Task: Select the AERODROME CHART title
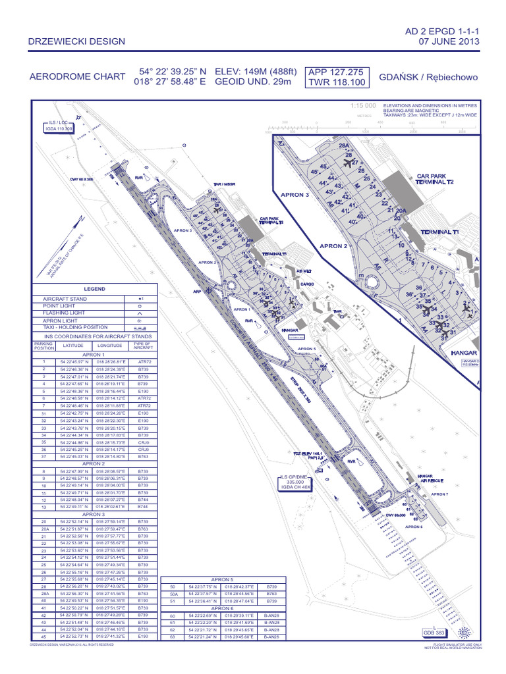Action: (x=78, y=77)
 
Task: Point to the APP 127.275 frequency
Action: (x=336, y=72)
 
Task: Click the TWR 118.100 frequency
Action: (x=336, y=82)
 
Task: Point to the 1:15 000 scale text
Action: (x=363, y=106)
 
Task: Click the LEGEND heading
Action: (x=94, y=289)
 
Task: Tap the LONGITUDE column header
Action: (x=110, y=345)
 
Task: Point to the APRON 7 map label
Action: (x=439, y=494)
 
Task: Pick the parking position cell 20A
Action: (x=45, y=529)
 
